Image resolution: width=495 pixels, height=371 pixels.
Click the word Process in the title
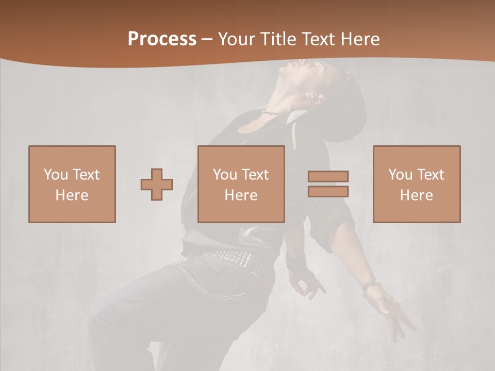[x=162, y=39]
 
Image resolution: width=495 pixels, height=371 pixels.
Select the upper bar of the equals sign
[x=328, y=176]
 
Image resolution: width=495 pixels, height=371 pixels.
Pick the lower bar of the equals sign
[x=328, y=192]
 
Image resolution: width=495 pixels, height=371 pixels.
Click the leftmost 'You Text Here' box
[x=72, y=184]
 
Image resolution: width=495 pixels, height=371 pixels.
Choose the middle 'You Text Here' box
[x=241, y=184]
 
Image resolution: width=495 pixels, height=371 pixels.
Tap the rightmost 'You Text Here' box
[x=417, y=184]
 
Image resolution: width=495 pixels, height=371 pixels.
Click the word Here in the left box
[x=72, y=195]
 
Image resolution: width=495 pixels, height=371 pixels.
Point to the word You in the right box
[x=400, y=175]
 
